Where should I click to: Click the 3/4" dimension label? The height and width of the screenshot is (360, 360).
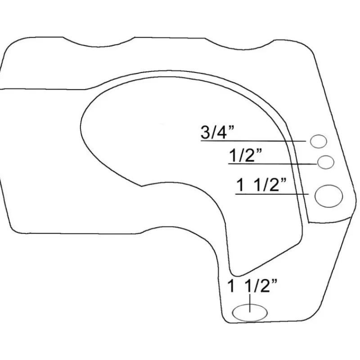[x=217, y=132]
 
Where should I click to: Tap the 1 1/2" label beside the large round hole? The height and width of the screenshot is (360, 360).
[x=261, y=185]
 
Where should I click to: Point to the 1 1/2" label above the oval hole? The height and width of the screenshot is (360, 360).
[x=252, y=286]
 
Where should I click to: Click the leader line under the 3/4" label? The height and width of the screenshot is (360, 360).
[x=253, y=140]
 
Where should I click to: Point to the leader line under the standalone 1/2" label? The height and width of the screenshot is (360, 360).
[x=273, y=164]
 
